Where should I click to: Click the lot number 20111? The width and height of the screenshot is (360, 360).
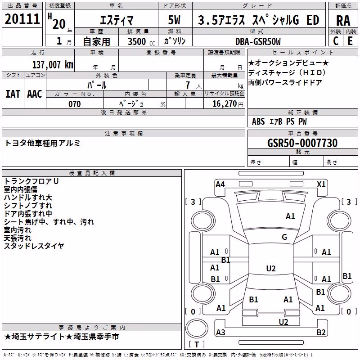[x=22, y=19]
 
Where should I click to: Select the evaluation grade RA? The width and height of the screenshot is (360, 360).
[x=343, y=21]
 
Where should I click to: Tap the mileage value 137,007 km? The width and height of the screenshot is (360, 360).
[x=53, y=65]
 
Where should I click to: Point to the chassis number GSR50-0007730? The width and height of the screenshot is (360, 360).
[x=302, y=143]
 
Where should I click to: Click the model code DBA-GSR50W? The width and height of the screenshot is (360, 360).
[x=258, y=41]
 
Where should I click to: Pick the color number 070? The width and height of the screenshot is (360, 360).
[x=75, y=104]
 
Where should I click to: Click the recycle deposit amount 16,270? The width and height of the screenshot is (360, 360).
[x=225, y=104]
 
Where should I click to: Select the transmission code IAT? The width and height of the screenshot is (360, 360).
[x=13, y=94]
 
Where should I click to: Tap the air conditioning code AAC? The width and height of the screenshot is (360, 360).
[x=35, y=94]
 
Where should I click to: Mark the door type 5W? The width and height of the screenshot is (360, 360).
[x=174, y=20]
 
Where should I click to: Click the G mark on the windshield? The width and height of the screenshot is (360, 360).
[x=284, y=237]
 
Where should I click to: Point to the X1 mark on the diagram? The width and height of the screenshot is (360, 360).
[x=321, y=184]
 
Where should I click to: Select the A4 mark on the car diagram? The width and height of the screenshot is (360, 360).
[x=220, y=184]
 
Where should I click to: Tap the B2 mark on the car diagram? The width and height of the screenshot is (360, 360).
[x=321, y=332]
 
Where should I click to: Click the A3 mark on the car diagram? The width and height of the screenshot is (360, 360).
[x=220, y=332]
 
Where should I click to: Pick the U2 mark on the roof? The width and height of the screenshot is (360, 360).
[x=271, y=268]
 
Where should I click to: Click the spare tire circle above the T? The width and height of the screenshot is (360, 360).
[x=197, y=328]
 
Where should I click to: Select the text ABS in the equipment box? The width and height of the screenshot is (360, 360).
[x=258, y=121]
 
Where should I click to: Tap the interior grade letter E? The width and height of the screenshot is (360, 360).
[x=350, y=41]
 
